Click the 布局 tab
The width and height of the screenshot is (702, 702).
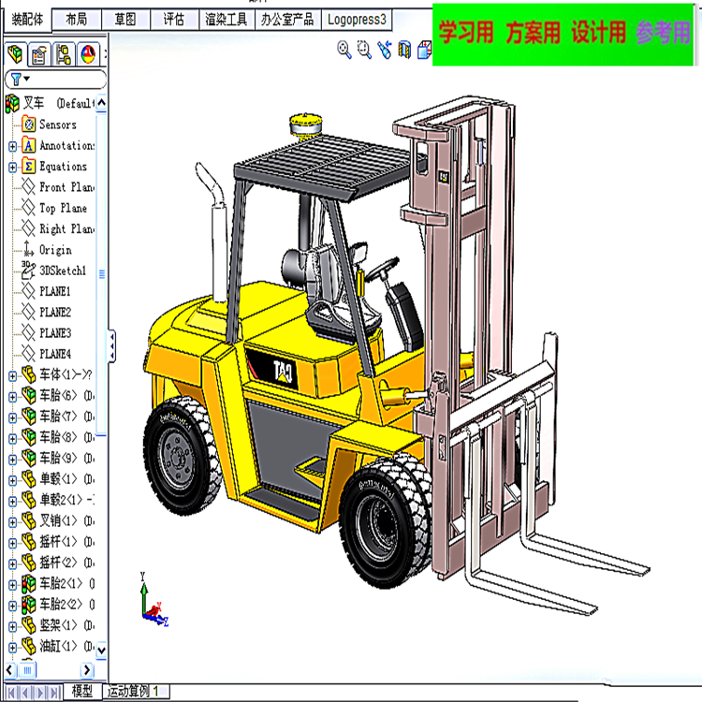77,19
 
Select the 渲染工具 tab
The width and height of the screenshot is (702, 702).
227,19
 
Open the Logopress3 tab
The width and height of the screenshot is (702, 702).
357,19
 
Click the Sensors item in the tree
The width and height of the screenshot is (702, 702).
57,124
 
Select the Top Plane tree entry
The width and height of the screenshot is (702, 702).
63,208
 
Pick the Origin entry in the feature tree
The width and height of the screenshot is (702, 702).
54,250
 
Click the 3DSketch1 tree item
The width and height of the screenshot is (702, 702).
62,271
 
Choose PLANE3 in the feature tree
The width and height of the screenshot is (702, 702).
54,333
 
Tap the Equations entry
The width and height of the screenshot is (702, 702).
63,167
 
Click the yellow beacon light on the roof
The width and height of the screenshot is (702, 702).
306,124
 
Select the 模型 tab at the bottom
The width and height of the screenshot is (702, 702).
82,692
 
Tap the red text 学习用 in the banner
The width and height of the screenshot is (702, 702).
466,35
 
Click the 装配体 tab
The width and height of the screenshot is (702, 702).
26,19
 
